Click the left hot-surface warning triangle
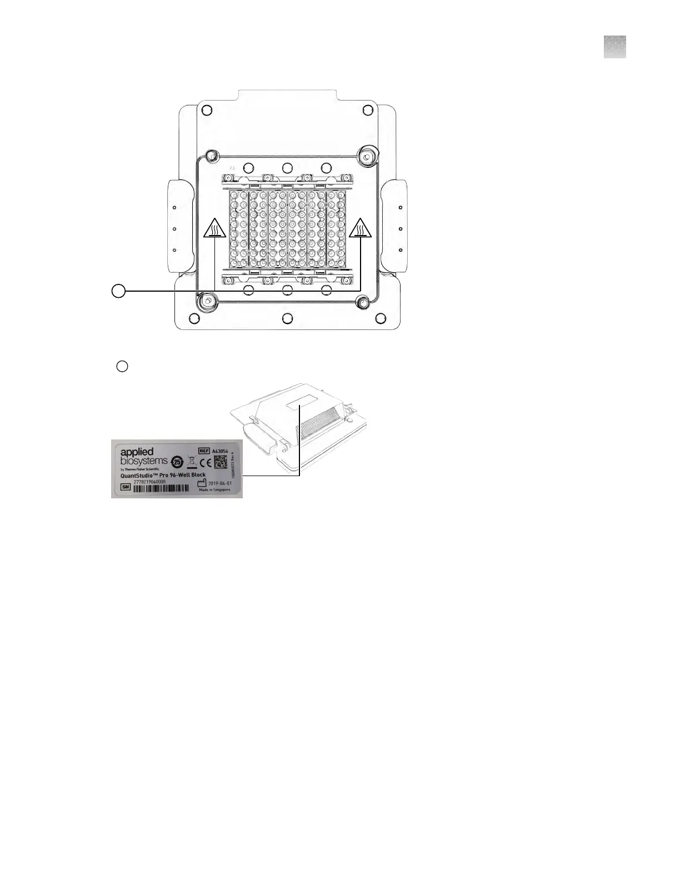(214, 228)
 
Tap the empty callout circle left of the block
(118, 291)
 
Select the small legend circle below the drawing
(123, 366)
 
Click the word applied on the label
(137, 452)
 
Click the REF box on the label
(204, 451)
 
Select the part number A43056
(221, 451)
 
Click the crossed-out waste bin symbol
(191, 462)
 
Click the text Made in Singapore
(214, 490)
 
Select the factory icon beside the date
(202, 484)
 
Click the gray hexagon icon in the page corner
(614, 47)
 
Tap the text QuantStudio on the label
(142, 475)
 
